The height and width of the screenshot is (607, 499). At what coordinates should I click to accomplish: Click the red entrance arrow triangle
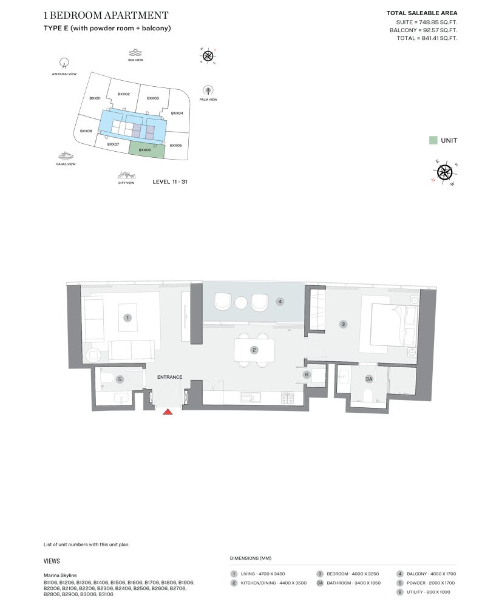pyautogui.click(x=168, y=412)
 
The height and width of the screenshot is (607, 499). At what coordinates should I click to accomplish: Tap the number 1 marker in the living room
pyautogui.click(x=127, y=317)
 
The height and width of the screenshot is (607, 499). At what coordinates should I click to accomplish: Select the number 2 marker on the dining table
pyautogui.click(x=254, y=350)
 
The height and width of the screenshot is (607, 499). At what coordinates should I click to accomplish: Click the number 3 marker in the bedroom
pyautogui.click(x=343, y=325)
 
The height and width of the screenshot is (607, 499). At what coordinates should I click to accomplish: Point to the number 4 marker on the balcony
pyautogui.click(x=280, y=301)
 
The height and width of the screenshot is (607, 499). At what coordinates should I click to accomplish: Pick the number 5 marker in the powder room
pyautogui.click(x=120, y=379)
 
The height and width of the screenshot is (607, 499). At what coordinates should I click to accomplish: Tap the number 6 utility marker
pyautogui.click(x=307, y=375)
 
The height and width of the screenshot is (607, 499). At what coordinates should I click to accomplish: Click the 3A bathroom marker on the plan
pyautogui.click(x=368, y=379)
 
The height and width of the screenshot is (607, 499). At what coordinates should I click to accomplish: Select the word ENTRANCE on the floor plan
pyautogui.click(x=170, y=377)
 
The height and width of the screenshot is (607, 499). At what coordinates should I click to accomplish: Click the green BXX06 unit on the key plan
pyautogui.click(x=146, y=150)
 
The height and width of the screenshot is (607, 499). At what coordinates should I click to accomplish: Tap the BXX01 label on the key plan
pyautogui.click(x=95, y=98)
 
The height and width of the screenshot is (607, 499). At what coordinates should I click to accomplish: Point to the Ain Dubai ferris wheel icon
pyautogui.click(x=64, y=63)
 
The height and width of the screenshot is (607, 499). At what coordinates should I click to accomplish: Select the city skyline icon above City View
pyautogui.click(x=126, y=175)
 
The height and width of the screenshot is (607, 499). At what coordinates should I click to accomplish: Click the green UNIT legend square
pyautogui.click(x=433, y=140)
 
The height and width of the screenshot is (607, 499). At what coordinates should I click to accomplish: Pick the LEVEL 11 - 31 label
pyautogui.click(x=170, y=181)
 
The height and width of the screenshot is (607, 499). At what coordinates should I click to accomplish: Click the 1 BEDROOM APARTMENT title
pyautogui.click(x=106, y=15)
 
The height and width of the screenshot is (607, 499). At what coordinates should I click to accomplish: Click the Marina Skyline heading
pyautogui.click(x=60, y=575)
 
